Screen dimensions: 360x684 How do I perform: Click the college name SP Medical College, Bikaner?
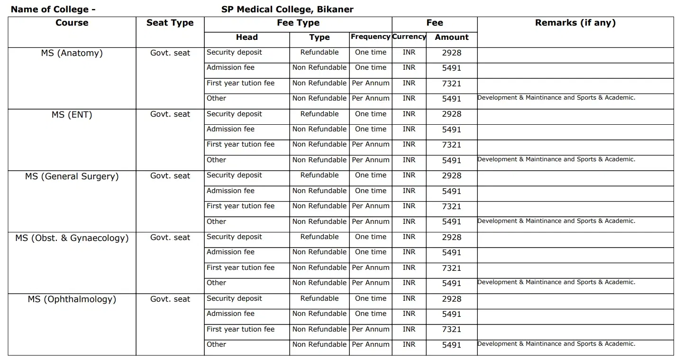[287, 9]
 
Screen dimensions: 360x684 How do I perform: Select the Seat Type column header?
[170, 23]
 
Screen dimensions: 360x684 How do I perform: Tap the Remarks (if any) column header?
[575, 23]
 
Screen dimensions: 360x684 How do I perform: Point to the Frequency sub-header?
[370, 37]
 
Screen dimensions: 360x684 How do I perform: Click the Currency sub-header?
[409, 37]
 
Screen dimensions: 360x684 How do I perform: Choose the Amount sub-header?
[451, 37]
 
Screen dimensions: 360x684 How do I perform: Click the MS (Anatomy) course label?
[72, 53]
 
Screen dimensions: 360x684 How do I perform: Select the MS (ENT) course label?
[72, 114]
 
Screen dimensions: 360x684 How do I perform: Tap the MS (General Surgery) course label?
[72, 176]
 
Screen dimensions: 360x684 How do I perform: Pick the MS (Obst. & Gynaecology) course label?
[72, 238]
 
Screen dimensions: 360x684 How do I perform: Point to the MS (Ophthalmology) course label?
[72, 299]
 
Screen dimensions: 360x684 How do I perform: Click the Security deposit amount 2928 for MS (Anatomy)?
[451, 53]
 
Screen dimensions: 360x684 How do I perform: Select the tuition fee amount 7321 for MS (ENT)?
[451, 145]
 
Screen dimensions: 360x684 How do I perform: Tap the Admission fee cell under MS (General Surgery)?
[230, 191]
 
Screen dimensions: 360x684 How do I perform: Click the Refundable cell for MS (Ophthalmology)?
[319, 298]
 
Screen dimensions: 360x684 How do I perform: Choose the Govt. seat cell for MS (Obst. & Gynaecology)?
[170, 237]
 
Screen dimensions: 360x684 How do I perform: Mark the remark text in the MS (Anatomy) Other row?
[556, 98]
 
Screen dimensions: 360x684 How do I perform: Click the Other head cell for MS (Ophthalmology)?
[216, 344]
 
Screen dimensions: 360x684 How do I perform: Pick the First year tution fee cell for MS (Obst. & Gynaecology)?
[240, 268]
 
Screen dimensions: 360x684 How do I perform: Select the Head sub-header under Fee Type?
[246, 37]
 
